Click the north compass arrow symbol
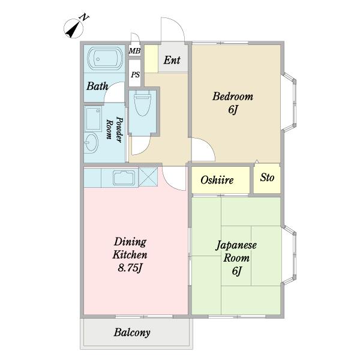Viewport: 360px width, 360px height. click(x=73, y=29)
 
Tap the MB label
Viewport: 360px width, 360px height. click(x=134, y=51)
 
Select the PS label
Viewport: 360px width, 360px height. click(x=135, y=74)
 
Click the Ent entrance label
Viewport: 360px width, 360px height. click(x=172, y=60)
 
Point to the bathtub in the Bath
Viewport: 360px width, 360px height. click(x=106, y=59)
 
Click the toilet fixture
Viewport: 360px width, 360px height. click(x=143, y=103)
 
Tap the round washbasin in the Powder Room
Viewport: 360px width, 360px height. click(x=91, y=143)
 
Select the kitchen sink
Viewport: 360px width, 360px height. click(x=124, y=178)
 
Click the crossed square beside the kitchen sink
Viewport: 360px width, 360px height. click(x=148, y=178)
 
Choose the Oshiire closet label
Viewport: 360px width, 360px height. click(x=217, y=180)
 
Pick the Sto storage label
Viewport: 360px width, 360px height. click(x=267, y=178)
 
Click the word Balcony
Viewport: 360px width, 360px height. click(x=132, y=332)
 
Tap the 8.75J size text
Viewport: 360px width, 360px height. click(x=130, y=268)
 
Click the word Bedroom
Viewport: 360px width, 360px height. click(x=233, y=96)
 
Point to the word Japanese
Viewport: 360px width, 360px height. click(x=236, y=245)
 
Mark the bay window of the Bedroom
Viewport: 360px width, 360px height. click(x=289, y=103)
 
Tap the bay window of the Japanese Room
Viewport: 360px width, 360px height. click(x=289, y=256)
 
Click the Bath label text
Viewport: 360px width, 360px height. click(x=97, y=86)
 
